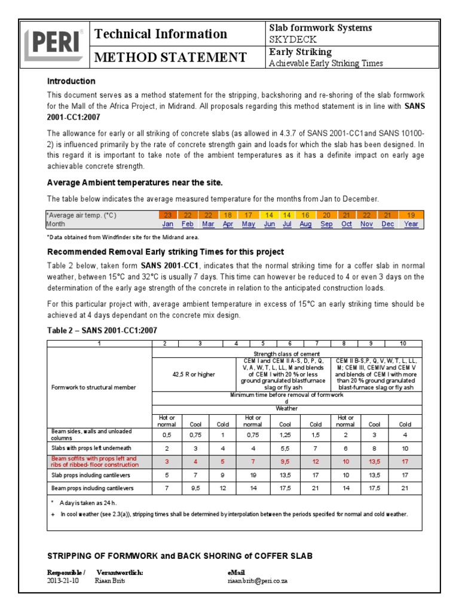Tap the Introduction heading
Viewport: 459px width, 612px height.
click(71, 81)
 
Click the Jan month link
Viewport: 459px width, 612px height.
click(169, 224)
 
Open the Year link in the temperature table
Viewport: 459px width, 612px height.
click(411, 224)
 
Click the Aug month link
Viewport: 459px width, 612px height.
click(305, 224)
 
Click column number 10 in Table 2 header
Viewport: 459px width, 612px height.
click(404, 344)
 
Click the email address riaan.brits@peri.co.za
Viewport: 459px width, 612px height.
click(258, 580)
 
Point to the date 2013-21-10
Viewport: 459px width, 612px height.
click(62, 580)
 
